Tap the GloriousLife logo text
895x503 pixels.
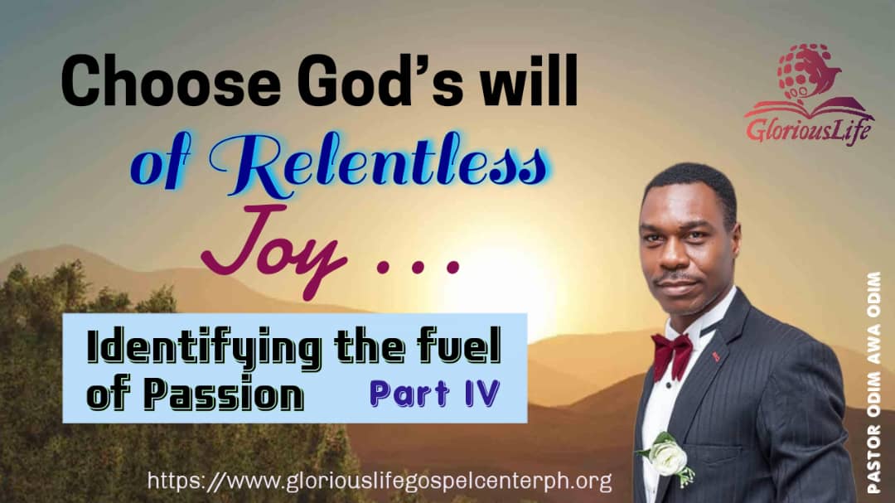(809, 128)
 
